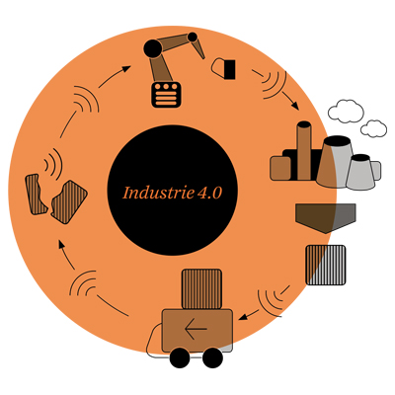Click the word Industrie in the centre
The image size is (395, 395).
158,193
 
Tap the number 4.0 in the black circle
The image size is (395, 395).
209,194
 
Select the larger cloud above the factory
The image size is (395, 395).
346,112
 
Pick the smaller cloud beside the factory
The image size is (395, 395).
373,128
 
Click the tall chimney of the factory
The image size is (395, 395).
304,151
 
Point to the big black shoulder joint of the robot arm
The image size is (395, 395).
153,48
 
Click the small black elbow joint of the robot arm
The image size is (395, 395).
193,37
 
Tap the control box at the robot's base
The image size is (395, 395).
166,95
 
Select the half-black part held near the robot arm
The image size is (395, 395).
223,69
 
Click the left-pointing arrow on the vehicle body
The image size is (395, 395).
196,329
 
